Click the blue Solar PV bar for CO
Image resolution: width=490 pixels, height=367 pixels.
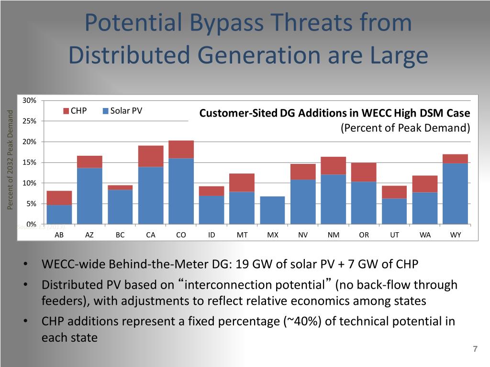click(x=181, y=191)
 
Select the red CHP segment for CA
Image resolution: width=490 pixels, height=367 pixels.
click(x=151, y=156)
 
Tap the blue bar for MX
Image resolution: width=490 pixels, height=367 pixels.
click(x=272, y=210)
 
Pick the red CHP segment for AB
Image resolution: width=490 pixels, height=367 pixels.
click(x=59, y=198)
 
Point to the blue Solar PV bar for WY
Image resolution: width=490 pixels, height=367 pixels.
click(x=455, y=194)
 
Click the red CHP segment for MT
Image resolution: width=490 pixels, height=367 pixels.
click(x=242, y=183)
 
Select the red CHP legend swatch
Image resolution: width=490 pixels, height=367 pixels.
click(x=67, y=112)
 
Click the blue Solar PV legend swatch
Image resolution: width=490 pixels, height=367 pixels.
click(x=106, y=112)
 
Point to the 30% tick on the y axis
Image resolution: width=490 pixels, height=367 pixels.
click(x=30, y=100)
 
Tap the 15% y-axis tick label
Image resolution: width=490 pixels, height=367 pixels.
click(x=30, y=162)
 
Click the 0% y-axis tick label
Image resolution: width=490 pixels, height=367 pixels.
click(x=32, y=224)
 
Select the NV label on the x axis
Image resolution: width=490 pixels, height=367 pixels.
click(x=303, y=235)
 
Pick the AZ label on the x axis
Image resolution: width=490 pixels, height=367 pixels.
click(x=89, y=235)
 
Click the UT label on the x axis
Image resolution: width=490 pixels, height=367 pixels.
click(x=394, y=235)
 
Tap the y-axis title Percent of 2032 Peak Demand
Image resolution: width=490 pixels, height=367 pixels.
click(x=10, y=160)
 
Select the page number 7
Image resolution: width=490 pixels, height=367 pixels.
click(x=475, y=349)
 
